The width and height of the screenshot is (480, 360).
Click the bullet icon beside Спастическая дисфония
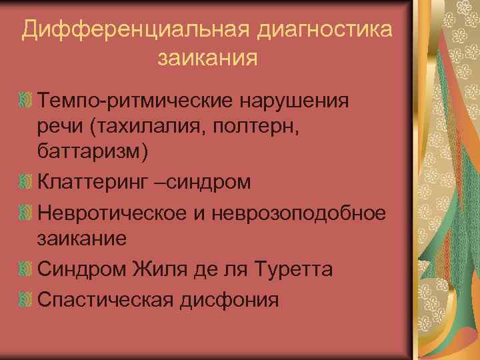click(26, 300)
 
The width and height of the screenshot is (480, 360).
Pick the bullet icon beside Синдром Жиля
click(26, 269)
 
